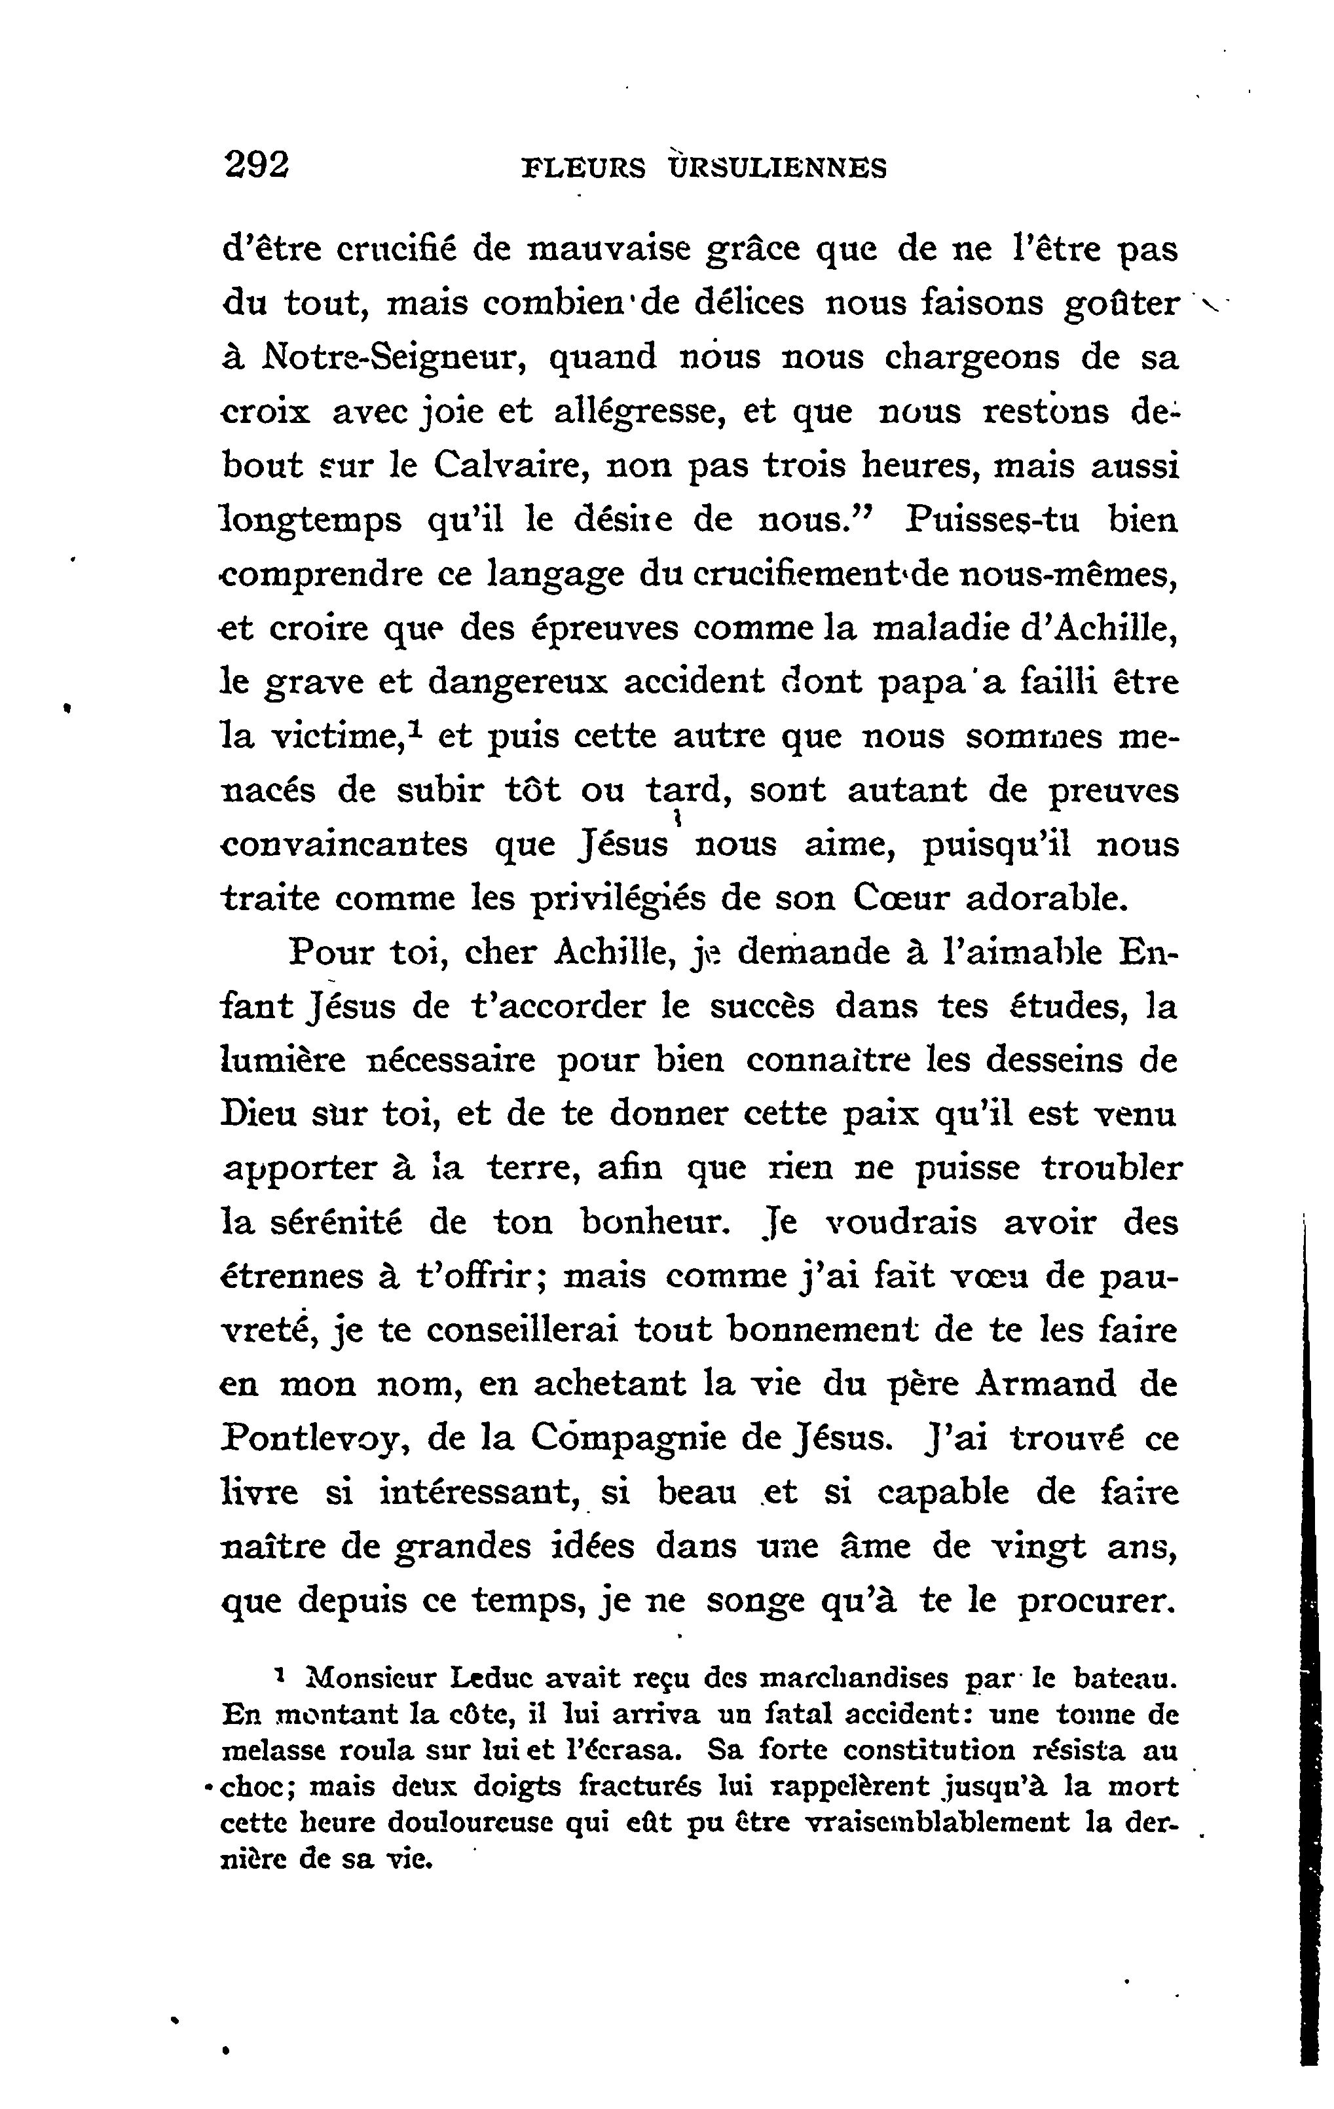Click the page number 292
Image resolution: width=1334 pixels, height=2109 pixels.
pos(256,164)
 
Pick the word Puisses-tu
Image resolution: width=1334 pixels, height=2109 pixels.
pos(992,521)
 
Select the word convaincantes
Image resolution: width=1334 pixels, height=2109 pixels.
pos(343,845)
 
